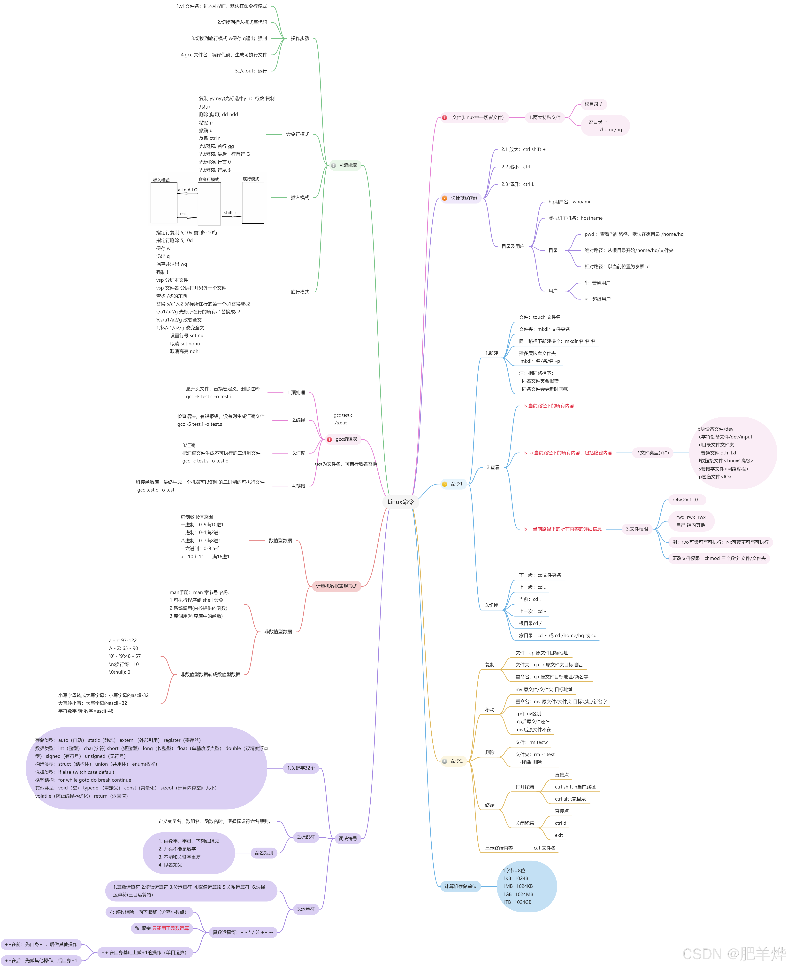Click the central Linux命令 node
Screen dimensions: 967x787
pyautogui.click(x=400, y=502)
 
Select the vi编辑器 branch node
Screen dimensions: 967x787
pyautogui.click(x=348, y=166)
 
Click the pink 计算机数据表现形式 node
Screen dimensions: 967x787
pyautogui.click(x=336, y=586)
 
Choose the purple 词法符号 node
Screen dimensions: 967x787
pyautogui.click(x=348, y=839)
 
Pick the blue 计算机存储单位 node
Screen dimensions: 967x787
pyautogui.click(x=460, y=886)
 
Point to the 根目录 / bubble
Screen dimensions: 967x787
pyautogui.click(x=593, y=104)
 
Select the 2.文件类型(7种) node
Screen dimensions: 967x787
pyautogui.click(x=652, y=453)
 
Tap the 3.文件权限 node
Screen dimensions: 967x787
pyautogui.click(x=637, y=529)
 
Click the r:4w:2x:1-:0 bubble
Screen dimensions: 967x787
pyautogui.click(x=685, y=500)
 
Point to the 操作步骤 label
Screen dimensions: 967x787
pyautogui.click(x=300, y=39)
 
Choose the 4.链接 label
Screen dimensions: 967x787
pyautogui.click(x=299, y=486)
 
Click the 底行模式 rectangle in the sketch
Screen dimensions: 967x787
pyautogui.click(x=253, y=203)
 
